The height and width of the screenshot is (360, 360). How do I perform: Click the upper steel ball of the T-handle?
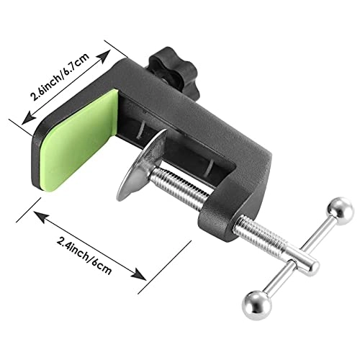[338, 212]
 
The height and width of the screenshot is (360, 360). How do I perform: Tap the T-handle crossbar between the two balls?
[299, 256]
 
